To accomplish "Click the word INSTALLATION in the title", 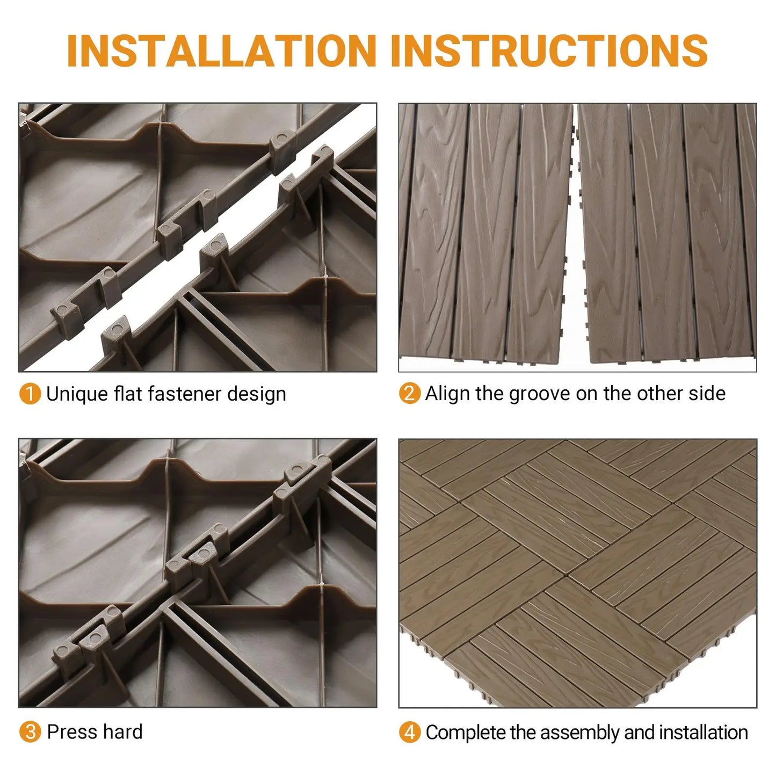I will [x=221, y=51].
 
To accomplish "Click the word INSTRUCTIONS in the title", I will [x=549, y=51].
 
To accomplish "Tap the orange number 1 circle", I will [x=30, y=394].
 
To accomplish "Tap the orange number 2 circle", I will [x=409, y=394].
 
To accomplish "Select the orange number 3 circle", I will [x=30, y=732].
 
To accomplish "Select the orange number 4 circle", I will [x=409, y=733].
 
